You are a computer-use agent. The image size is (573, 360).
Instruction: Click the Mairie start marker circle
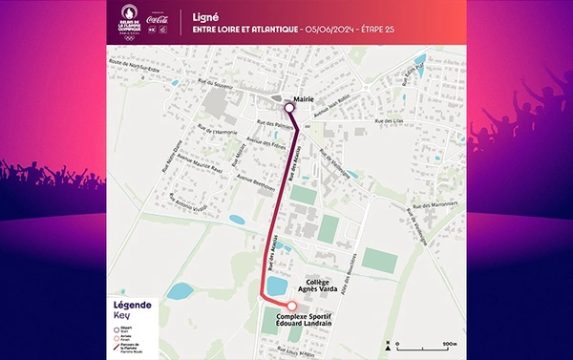(x=288, y=108)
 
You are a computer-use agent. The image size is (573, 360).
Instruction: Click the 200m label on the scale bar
(x=450, y=342)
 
